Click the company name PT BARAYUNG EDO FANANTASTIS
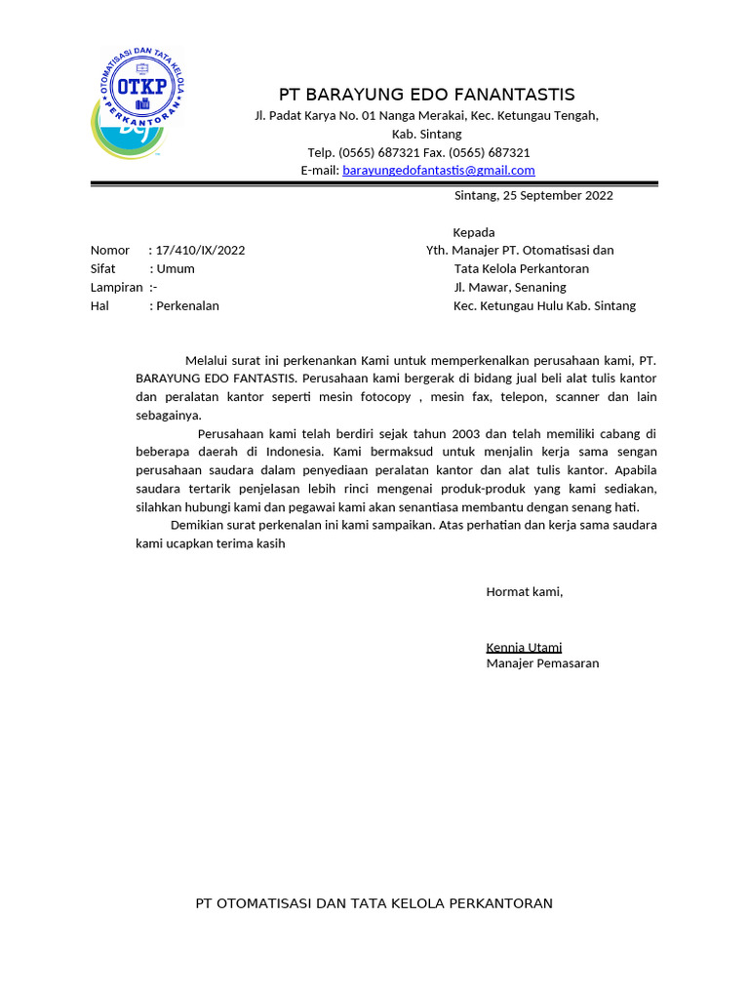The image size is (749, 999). point(426,95)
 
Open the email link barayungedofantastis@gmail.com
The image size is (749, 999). point(439,170)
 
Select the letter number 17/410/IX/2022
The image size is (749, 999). point(200,250)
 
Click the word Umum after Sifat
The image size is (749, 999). point(176,268)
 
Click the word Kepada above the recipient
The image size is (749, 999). point(474,232)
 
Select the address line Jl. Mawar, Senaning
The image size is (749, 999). point(509,287)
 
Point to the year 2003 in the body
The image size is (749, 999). point(465,433)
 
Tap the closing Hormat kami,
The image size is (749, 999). point(525,591)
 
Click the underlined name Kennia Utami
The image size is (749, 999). point(524,647)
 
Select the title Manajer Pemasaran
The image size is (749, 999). point(542,663)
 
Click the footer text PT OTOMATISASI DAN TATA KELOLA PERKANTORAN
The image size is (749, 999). point(374,903)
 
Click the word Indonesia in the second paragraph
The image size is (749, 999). point(296,452)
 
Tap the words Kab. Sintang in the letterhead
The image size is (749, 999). point(426,134)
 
